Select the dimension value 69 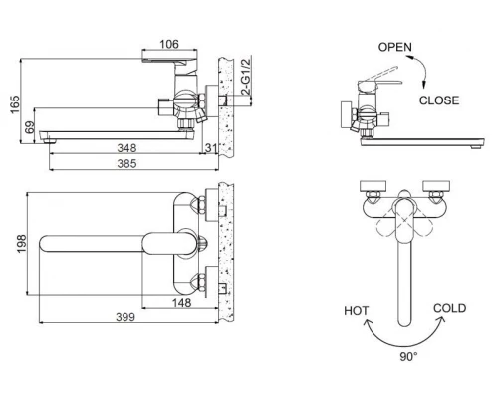30,127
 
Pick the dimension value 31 211,147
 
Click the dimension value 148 181,303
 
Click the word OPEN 396,47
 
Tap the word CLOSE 439,99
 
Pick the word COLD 449,309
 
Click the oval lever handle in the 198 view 164,243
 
